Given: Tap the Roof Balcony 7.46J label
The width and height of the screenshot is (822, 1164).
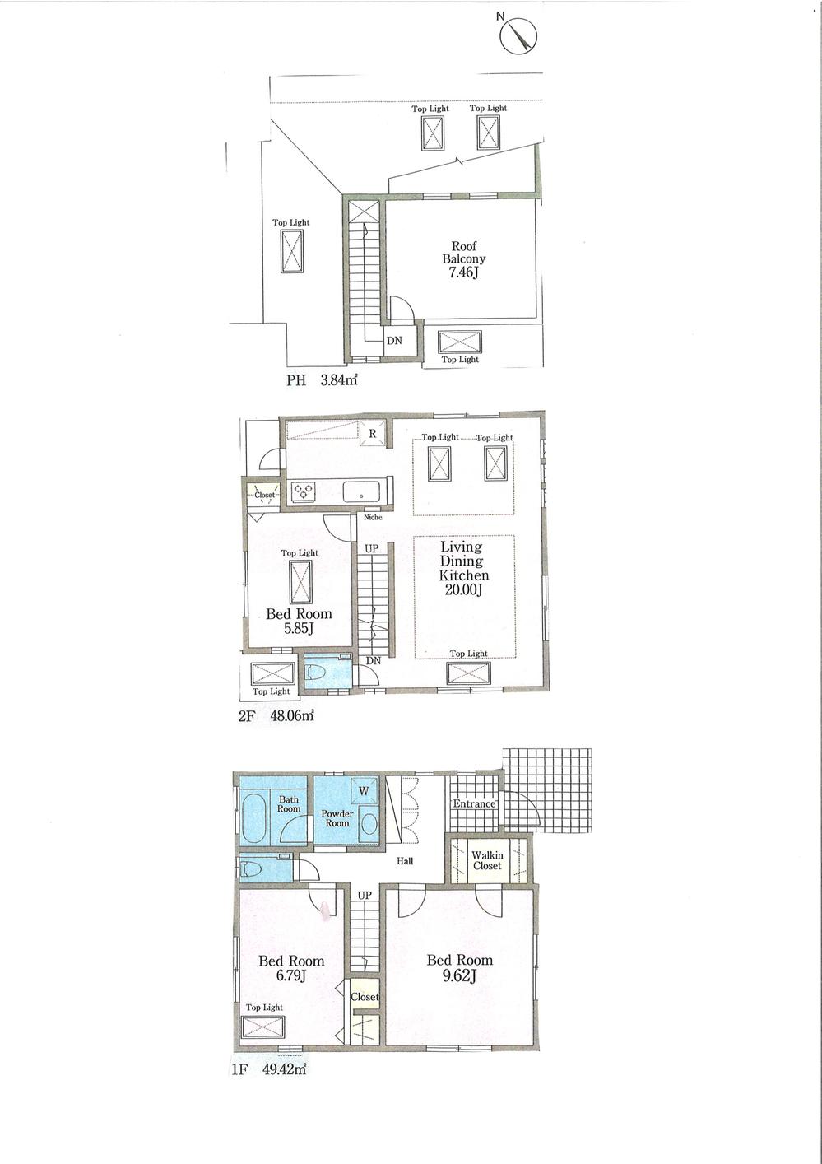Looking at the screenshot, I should pyautogui.click(x=463, y=258).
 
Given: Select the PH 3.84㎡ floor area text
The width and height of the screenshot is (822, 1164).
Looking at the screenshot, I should pyautogui.click(x=322, y=380).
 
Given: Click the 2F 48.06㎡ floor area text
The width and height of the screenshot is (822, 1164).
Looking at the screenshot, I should pyautogui.click(x=276, y=715).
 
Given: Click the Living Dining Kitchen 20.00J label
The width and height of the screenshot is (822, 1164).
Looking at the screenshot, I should pyautogui.click(x=464, y=568).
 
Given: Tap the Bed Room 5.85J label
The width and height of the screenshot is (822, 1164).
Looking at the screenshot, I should pyautogui.click(x=299, y=621).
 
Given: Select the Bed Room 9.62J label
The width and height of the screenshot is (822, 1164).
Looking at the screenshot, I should pyautogui.click(x=459, y=967).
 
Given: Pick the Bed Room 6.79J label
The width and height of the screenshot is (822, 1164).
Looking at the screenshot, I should pyautogui.click(x=291, y=968).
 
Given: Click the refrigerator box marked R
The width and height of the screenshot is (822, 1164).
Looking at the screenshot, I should pyautogui.click(x=372, y=433).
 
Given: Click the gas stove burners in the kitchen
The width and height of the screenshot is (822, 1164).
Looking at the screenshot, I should pyautogui.click(x=302, y=491).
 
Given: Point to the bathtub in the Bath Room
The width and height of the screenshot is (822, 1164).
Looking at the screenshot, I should pyautogui.click(x=253, y=818).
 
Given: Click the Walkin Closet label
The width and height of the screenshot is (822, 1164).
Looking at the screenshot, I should pyautogui.click(x=487, y=860).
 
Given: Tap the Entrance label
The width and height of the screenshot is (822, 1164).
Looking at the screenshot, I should pyautogui.click(x=475, y=803).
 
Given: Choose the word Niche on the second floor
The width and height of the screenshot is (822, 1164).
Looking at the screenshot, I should pyautogui.click(x=373, y=518).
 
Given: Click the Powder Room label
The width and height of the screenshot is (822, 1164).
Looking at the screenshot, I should pyautogui.click(x=337, y=817).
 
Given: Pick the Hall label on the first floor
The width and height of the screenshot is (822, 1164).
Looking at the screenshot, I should pyautogui.click(x=405, y=861).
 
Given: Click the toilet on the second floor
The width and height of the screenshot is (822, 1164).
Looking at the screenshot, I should pyautogui.click(x=318, y=673).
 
